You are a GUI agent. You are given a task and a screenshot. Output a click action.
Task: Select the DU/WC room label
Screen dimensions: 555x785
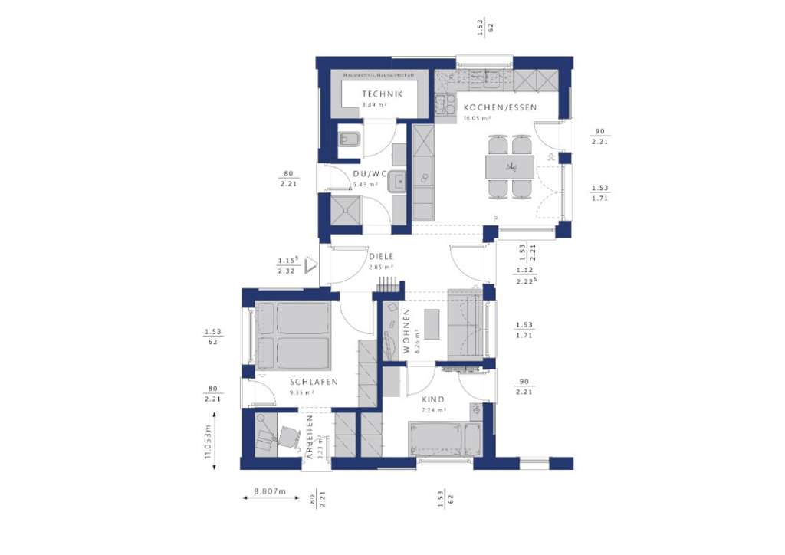[366, 174]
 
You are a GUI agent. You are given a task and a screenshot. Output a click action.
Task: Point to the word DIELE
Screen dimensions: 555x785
[381, 257]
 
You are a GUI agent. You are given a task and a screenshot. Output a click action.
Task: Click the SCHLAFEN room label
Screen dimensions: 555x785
[314, 382]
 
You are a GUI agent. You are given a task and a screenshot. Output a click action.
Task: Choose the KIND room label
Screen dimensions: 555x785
[433, 399]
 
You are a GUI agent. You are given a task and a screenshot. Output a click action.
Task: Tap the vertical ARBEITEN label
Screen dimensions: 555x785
[310, 435]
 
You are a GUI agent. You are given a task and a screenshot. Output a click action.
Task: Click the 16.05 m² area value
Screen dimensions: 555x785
[477, 119]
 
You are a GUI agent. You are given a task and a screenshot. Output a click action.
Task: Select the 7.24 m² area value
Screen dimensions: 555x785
[434, 410]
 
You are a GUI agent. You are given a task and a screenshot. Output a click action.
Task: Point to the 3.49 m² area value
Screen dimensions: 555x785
[374, 104]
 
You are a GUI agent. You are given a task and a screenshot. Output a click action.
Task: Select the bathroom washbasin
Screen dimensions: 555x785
[397, 182]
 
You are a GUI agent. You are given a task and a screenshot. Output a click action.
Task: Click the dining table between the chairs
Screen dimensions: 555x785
[510, 166]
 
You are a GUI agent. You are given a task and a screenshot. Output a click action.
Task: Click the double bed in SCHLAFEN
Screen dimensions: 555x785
[292, 335]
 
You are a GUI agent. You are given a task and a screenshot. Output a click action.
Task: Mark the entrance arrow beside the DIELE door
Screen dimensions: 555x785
[310, 264]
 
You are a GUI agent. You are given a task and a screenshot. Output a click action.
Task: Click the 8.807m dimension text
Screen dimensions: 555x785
[269, 491]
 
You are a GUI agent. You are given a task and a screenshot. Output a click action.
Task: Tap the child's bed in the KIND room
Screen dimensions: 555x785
[444, 439]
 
